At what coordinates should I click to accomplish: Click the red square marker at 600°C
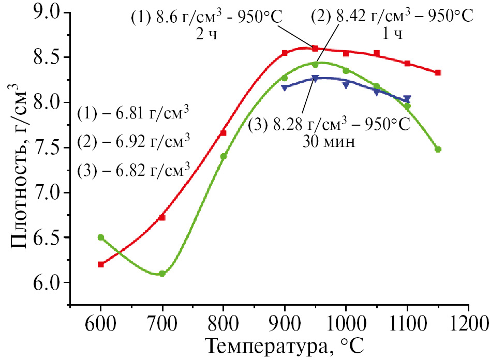(x=101, y=264)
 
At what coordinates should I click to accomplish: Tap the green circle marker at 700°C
(x=162, y=274)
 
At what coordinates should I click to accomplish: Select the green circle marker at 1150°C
(x=438, y=149)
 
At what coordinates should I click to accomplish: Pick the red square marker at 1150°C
(x=438, y=72)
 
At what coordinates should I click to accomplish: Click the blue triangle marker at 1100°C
(x=407, y=99)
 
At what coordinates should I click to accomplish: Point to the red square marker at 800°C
(x=223, y=133)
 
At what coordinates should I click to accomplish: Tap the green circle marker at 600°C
(x=101, y=237)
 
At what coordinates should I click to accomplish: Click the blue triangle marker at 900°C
(x=284, y=87)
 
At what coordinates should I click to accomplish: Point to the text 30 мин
(x=329, y=142)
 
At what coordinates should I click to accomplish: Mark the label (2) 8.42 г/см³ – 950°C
(x=392, y=17)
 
